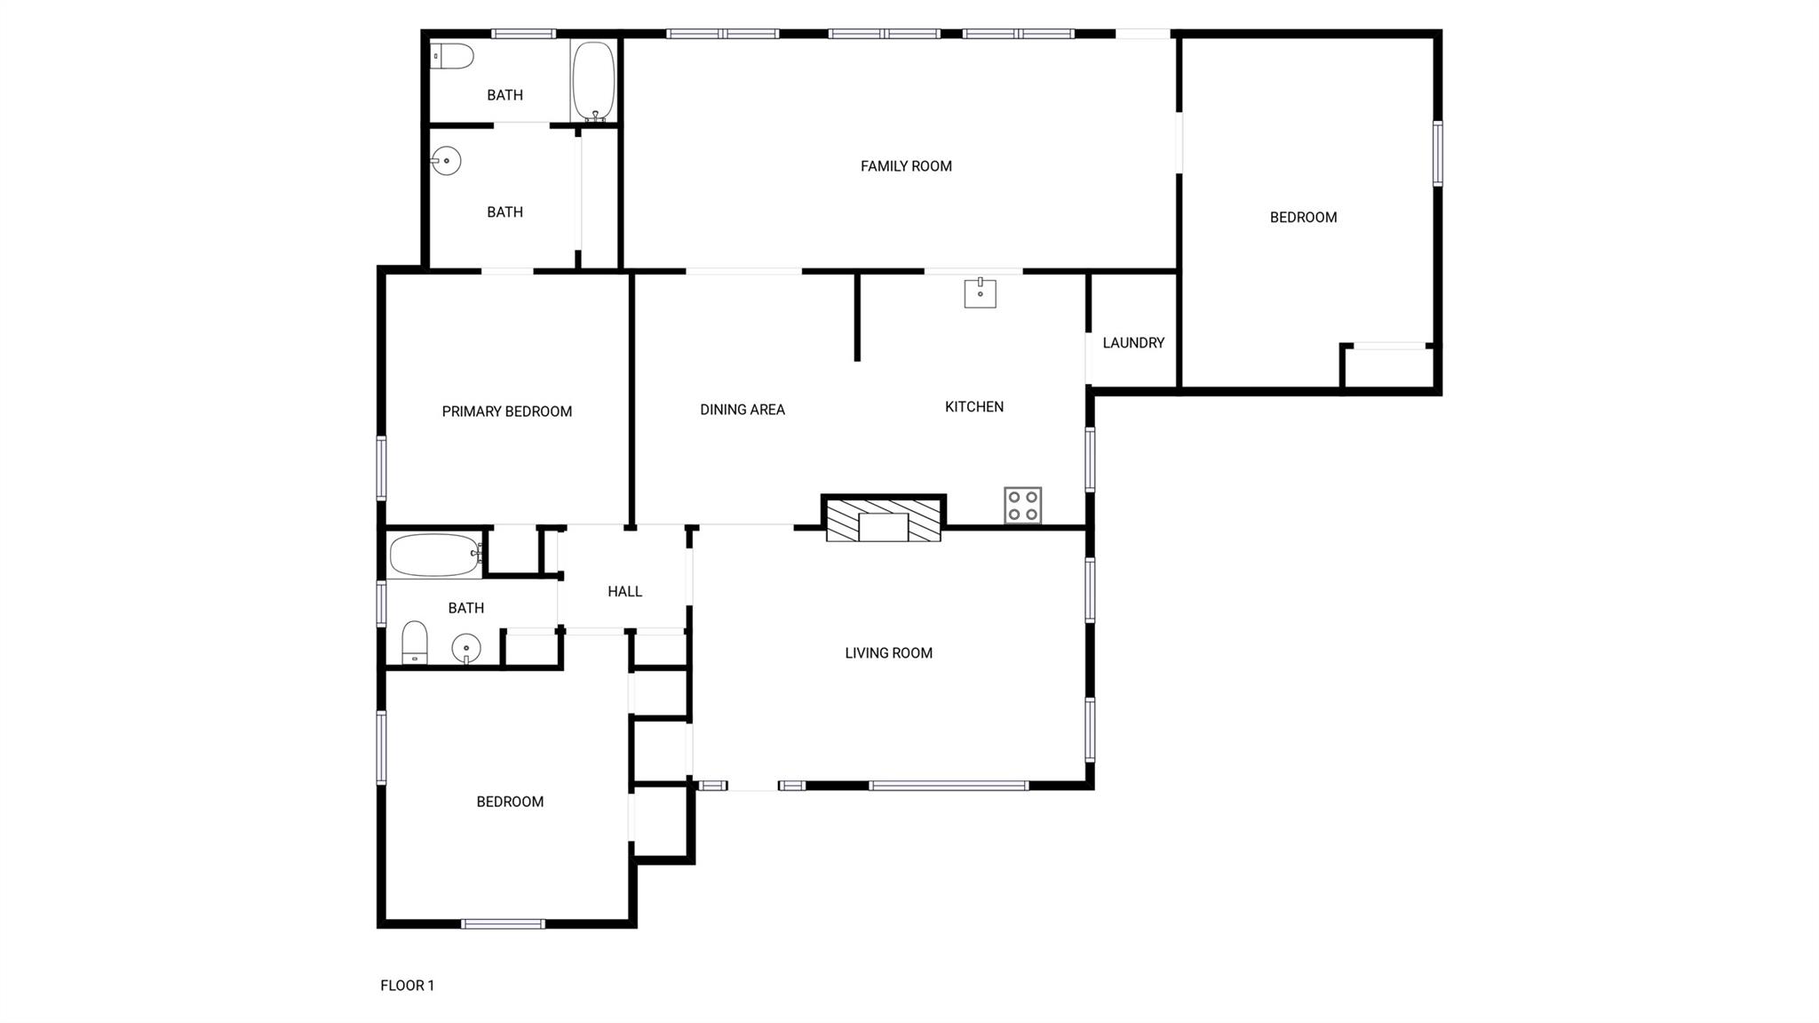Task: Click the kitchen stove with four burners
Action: tap(1022, 506)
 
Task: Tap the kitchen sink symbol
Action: tap(980, 293)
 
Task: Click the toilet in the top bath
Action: tap(452, 57)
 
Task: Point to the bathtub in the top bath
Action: tap(593, 82)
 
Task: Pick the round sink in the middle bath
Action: tap(446, 161)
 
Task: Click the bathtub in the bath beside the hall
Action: tap(435, 556)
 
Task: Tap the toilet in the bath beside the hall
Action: tap(415, 643)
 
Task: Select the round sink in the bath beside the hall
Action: tap(465, 649)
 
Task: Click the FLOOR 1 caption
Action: tap(408, 985)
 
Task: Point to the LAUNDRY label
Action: tap(1133, 343)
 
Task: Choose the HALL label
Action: tap(625, 592)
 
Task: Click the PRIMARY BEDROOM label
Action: tap(507, 412)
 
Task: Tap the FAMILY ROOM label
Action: tap(906, 166)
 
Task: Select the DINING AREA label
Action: tap(743, 410)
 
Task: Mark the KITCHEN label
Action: tap(974, 407)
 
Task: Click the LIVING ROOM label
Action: tap(889, 653)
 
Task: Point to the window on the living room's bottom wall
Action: tap(949, 786)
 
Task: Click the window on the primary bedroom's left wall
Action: tap(382, 468)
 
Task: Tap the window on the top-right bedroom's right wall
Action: tap(1437, 154)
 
